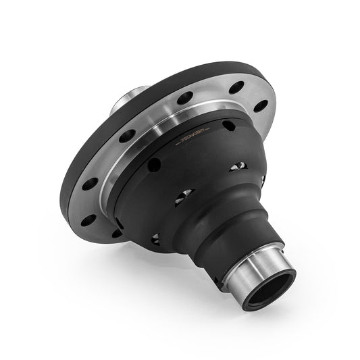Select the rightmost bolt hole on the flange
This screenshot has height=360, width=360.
[x=260, y=106]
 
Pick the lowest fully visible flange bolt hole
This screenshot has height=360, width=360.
[x=88, y=220]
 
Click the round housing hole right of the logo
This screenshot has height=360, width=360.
[x=229, y=126]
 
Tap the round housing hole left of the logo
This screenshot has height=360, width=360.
[x=155, y=164]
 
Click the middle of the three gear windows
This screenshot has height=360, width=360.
[x=184, y=196]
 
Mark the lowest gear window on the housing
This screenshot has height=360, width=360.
[x=156, y=238]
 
